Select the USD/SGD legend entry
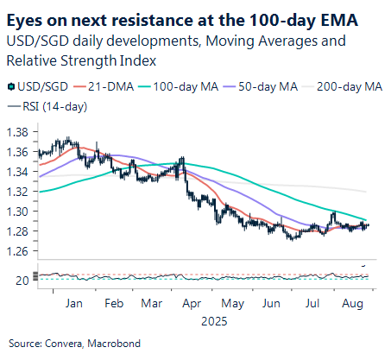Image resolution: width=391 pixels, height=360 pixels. [39, 85]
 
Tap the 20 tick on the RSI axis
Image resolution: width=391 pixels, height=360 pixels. [22, 280]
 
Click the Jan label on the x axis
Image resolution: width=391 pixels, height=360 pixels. [73, 304]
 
